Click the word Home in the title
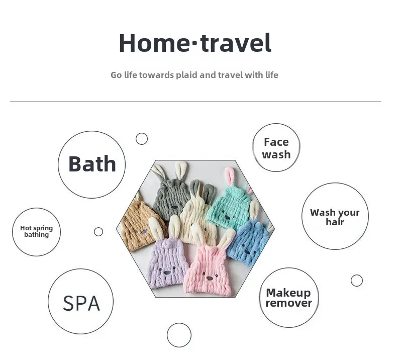pos(154,43)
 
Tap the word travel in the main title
pos(236,43)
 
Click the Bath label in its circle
pos(92,164)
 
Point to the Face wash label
pos(276,148)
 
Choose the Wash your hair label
pos(335,217)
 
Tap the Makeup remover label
pos(288,298)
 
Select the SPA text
pos(81,303)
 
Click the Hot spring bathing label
pos(37,231)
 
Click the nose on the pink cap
pos(210,278)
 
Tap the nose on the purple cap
pos(167,273)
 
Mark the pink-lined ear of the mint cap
pos(230,176)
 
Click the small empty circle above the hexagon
pos(142,139)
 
